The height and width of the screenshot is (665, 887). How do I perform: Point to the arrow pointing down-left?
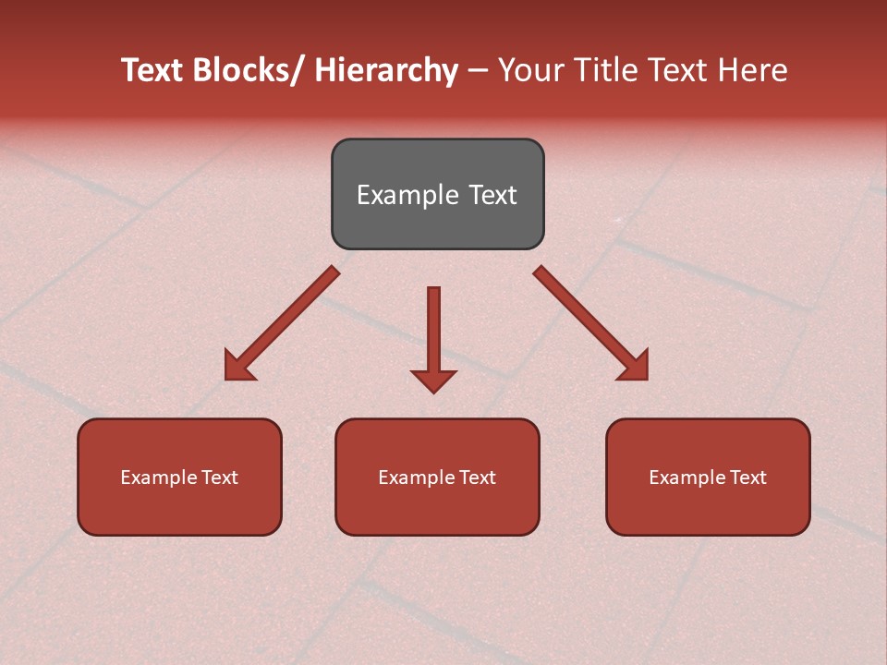[283, 323]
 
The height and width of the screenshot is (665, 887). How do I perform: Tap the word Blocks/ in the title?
[247, 70]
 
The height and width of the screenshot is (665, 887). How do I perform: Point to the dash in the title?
[478, 70]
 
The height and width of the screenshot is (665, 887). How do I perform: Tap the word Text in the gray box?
[492, 195]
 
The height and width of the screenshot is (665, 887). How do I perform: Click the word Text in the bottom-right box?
[747, 478]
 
